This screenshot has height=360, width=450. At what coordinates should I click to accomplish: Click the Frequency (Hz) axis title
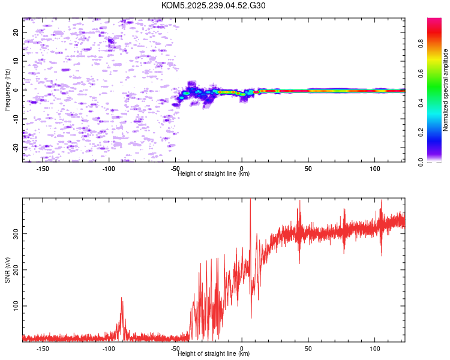pos(7,90)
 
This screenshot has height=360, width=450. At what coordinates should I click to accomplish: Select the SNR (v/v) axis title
pos(7,269)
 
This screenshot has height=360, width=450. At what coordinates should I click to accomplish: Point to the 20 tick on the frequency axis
pos(16,32)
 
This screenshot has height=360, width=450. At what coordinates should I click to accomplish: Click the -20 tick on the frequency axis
pos(16,148)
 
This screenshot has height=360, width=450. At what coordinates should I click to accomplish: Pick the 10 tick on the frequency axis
pos(16,61)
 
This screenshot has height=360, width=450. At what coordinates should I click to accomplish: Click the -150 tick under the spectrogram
pos(43,169)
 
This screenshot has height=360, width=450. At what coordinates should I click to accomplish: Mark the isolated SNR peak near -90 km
pos(121,298)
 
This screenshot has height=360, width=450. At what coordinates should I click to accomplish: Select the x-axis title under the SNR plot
pos(214,353)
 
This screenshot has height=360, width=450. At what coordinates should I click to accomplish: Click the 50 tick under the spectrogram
pos(308,169)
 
